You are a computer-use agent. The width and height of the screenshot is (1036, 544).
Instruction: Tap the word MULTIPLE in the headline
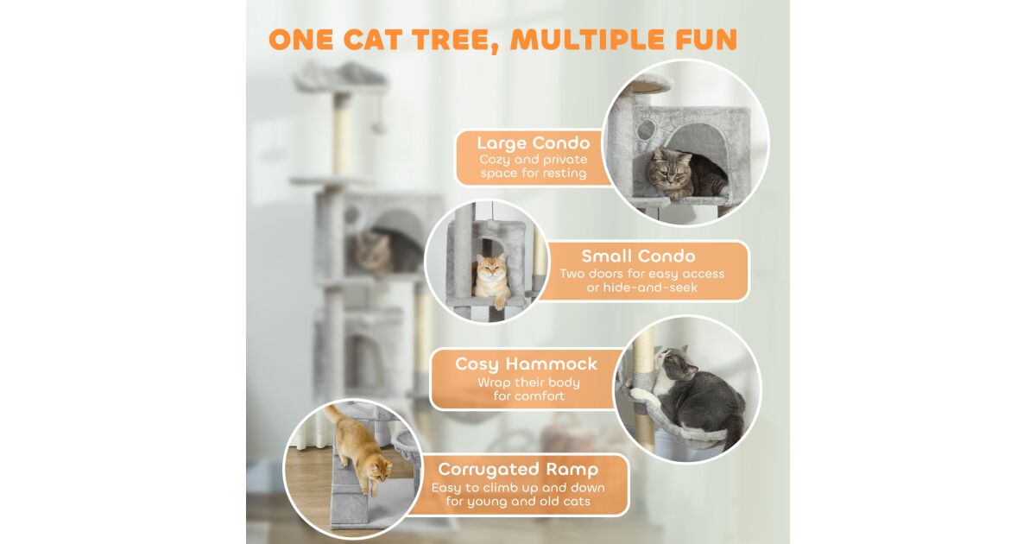coord(588,40)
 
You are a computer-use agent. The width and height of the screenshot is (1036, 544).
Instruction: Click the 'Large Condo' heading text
coord(534,143)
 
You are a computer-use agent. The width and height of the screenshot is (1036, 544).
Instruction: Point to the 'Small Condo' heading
coord(638,256)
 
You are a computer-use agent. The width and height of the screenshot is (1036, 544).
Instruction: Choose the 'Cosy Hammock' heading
coord(527,364)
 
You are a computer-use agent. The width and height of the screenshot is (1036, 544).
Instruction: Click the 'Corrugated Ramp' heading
coord(518,470)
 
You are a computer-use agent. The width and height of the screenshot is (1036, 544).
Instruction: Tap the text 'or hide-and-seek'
coord(642,288)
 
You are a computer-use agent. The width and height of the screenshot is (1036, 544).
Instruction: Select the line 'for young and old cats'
coord(518,502)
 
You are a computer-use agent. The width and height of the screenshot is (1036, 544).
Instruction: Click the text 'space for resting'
coord(534,174)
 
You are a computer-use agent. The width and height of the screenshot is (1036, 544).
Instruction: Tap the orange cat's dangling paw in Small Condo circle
coord(499,303)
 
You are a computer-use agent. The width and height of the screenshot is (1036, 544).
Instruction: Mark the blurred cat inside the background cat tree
coord(383,252)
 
